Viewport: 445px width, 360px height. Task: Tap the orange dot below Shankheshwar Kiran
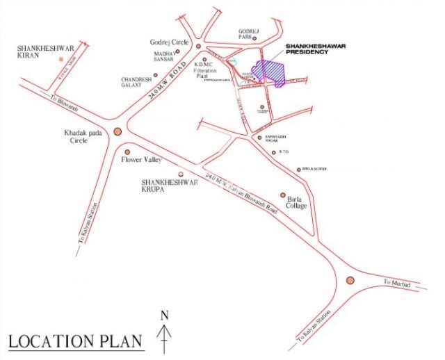point(61,60)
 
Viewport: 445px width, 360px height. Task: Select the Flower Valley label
point(141,160)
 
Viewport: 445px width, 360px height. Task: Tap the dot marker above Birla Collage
point(282,195)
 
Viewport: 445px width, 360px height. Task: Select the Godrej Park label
point(248,34)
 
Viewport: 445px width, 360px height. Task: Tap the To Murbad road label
point(398,283)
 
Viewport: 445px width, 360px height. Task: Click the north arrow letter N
point(165,314)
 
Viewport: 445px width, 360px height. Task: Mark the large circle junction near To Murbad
point(350,280)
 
